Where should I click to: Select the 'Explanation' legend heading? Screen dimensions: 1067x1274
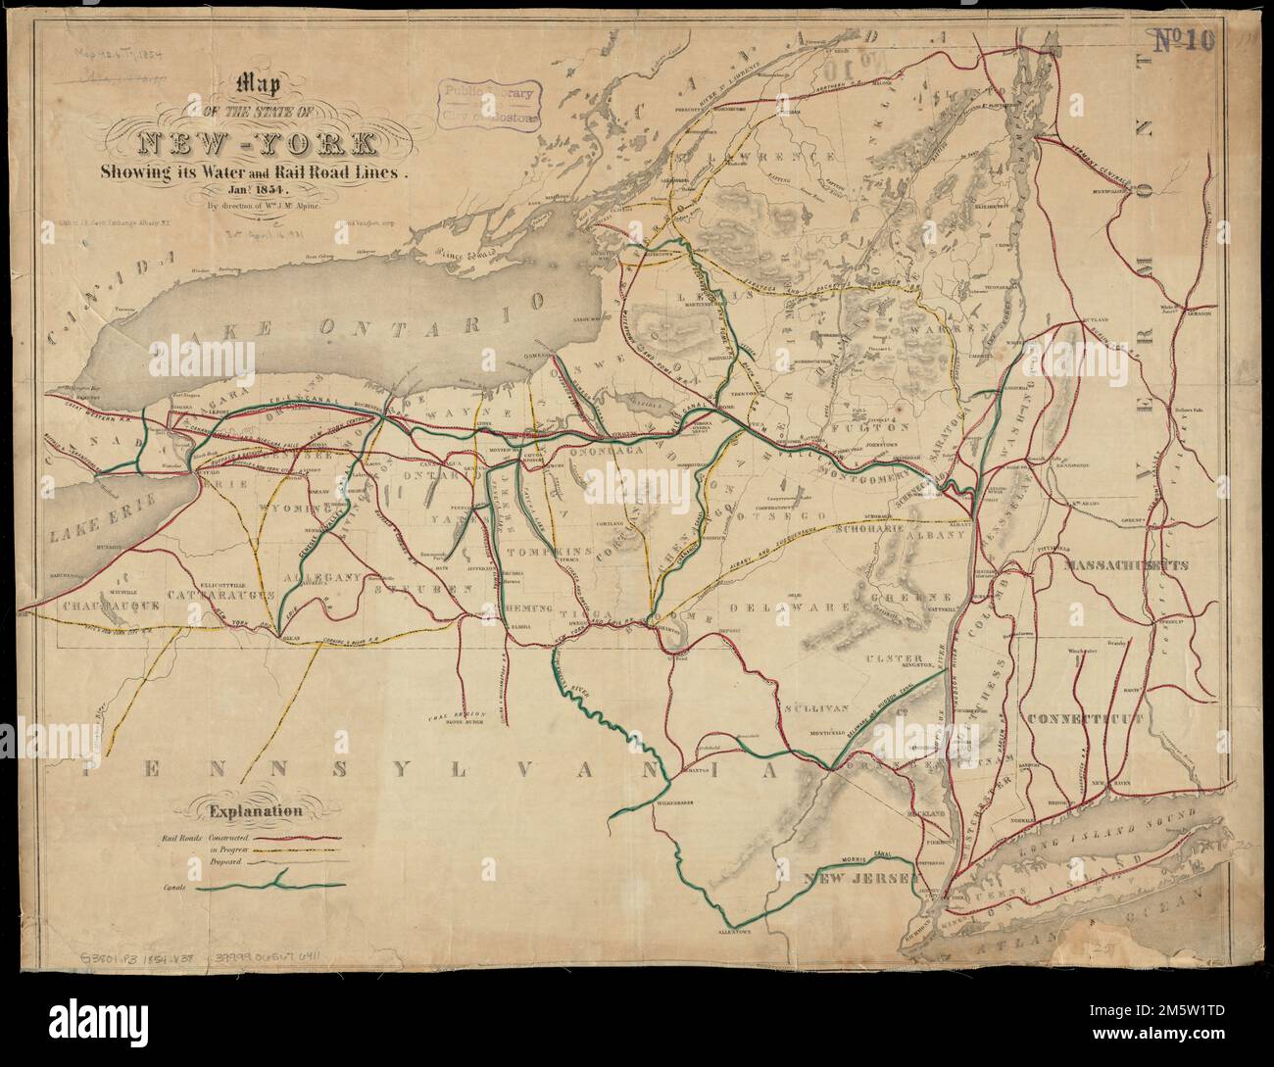252,810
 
